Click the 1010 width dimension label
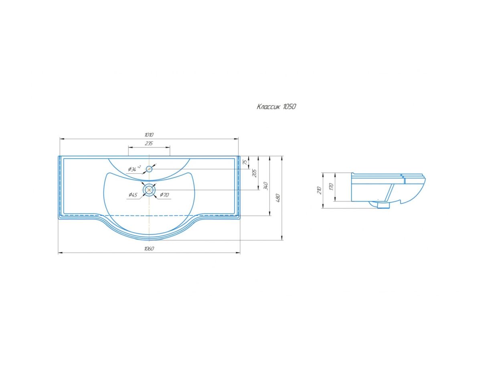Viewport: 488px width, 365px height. tap(149, 135)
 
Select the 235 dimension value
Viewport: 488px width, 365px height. tap(149, 144)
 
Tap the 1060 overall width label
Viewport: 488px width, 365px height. tap(149, 249)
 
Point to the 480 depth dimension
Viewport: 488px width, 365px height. tap(277, 198)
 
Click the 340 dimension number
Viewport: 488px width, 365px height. tap(265, 186)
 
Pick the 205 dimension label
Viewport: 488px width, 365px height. tap(255, 173)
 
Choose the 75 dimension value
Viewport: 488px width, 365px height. tap(245, 162)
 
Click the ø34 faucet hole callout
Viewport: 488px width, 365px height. tap(134, 169)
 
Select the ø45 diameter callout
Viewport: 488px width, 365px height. tap(133, 195)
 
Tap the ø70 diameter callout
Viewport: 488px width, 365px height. tap(164, 195)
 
